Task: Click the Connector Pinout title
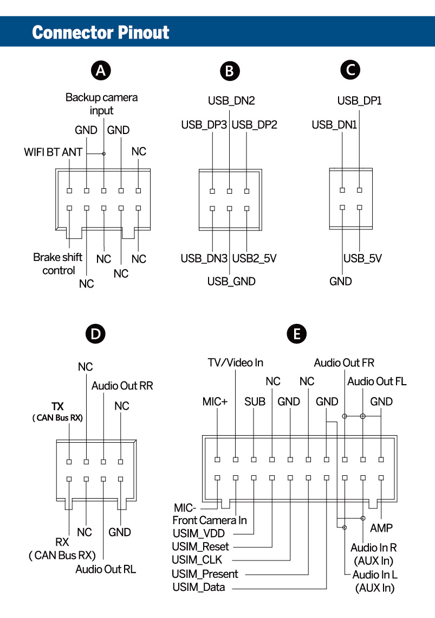(x=101, y=32)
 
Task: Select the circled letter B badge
(x=230, y=71)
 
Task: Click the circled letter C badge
(x=350, y=70)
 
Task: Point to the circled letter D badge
(x=95, y=334)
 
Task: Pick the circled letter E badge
(x=296, y=334)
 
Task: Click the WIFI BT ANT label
(x=53, y=152)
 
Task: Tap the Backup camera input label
(x=102, y=104)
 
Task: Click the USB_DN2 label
(x=231, y=100)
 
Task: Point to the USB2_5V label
(x=254, y=258)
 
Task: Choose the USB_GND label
(x=231, y=281)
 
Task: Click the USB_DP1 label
(x=360, y=100)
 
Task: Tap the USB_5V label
(x=362, y=258)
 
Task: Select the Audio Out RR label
(x=122, y=386)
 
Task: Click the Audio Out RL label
(x=106, y=569)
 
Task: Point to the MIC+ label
(x=215, y=402)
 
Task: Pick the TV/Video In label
(x=236, y=362)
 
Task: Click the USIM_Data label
(x=198, y=587)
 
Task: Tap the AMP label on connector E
(x=381, y=528)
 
